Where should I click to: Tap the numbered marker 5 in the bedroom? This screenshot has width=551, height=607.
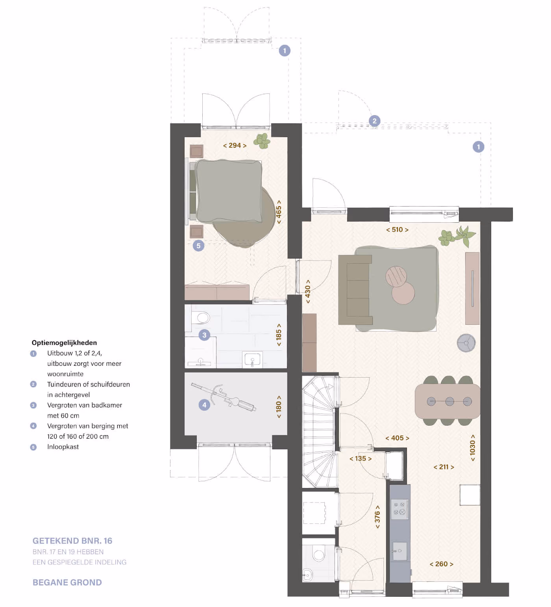point(198,246)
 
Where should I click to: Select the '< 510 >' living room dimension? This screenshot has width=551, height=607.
point(397,230)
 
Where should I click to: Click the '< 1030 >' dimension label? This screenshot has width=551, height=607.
point(473,448)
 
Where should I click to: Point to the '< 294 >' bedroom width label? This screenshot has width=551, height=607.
point(235,145)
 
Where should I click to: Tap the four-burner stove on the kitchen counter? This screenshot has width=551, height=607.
point(399,509)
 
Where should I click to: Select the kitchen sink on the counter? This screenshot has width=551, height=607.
point(399,551)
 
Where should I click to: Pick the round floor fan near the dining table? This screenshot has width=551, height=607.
point(466,343)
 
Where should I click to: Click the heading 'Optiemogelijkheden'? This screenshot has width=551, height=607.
point(64,343)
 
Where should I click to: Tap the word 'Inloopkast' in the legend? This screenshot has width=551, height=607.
point(63,447)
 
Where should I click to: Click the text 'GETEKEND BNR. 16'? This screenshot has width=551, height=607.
point(72,541)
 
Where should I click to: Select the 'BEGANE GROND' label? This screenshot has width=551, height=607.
point(67,583)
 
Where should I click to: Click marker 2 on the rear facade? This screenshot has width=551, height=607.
point(374,121)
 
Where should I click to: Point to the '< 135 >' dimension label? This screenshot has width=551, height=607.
point(361,459)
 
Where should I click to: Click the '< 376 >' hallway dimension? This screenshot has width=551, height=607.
point(377,517)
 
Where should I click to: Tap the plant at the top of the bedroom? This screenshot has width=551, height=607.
point(262,141)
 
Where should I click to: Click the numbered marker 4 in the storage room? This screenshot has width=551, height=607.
point(204,405)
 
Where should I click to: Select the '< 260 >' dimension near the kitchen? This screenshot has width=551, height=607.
point(441,564)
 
